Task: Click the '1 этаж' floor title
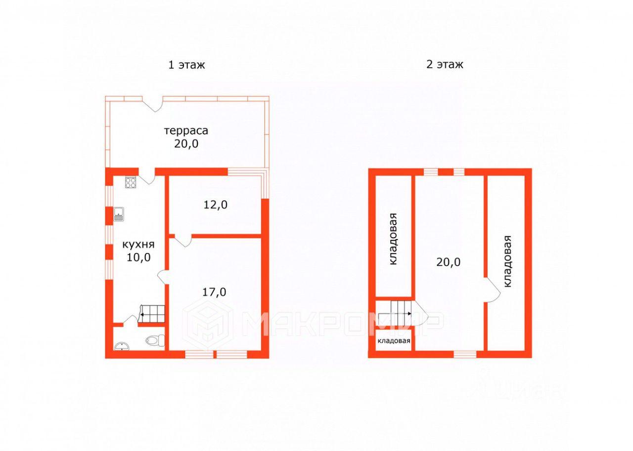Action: click(186, 65)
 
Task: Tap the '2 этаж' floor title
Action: click(445, 64)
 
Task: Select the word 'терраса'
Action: click(186, 131)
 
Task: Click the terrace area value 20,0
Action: click(186, 144)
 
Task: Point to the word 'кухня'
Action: click(138, 245)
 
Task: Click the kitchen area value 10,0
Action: click(138, 257)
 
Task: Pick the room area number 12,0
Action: click(215, 204)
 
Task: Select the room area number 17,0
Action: click(214, 292)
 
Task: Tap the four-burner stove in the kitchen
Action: click(131, 183)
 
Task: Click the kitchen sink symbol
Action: click(119, 214)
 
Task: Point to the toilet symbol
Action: click(155, 341)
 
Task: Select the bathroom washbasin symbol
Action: click(122, 347)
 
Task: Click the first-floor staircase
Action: click(152, 314)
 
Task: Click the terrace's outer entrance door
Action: click(153, 103)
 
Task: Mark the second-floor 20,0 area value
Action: click(449, 262)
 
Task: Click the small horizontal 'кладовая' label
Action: click(394, 341)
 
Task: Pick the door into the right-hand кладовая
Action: click(492, 290)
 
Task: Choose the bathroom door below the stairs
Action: click(131, 321)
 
